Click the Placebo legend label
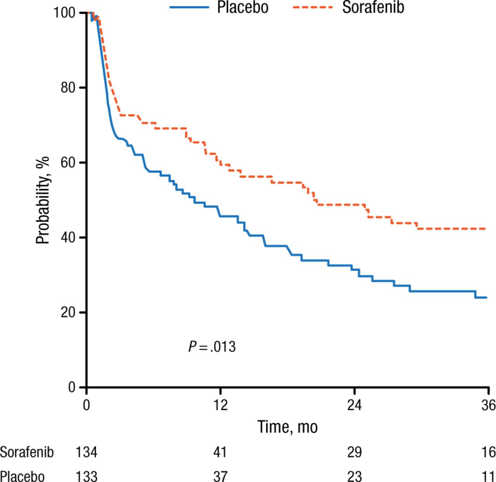243,7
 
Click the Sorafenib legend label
373,7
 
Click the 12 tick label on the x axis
220,405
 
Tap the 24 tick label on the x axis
354,405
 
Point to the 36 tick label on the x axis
488,405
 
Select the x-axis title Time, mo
288,427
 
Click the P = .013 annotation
212,346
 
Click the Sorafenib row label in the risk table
26,452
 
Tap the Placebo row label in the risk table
22,476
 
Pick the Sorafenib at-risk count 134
86,452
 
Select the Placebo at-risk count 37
220,476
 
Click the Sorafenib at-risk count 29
354,452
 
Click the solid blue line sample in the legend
189,7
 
